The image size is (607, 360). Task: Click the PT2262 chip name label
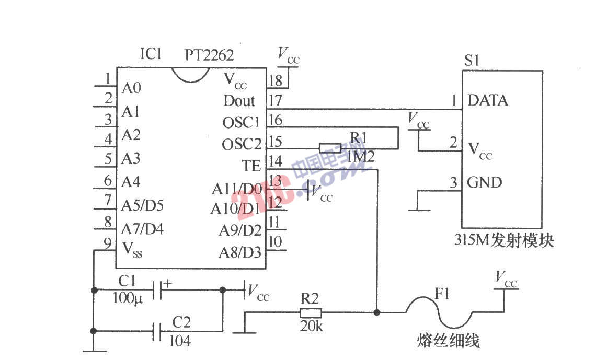pos(209,54)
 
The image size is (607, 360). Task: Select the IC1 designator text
pos(151,54)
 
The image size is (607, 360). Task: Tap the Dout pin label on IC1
pos(239,100)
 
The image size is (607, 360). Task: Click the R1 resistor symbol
pos(330,148)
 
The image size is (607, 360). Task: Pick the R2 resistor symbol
pos(311,313)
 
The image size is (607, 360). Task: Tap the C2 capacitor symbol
pos(157,331)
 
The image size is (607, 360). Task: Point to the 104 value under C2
pos(180,341)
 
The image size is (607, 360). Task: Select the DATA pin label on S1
pos(487,100)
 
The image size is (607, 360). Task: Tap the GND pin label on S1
pos(484,183)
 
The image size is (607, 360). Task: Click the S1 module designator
pos(472,60)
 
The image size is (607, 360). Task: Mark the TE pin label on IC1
pos(251,166)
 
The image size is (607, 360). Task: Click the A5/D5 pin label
pos(142,205)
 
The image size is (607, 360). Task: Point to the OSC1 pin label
pos(241,122)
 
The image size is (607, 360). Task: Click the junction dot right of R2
pos(376,313)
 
